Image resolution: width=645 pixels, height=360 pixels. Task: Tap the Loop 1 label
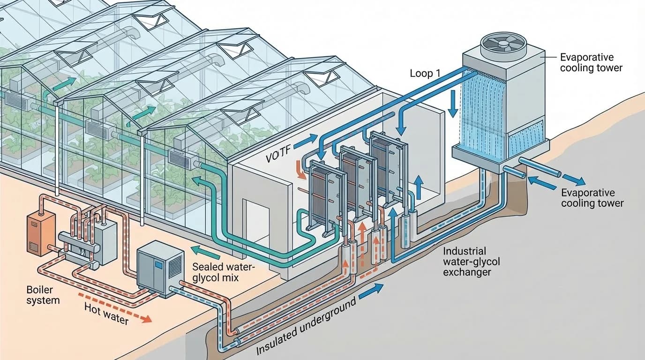[x=425, y=73]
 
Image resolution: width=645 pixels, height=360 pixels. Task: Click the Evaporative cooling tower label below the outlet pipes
[x=592, y=198]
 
